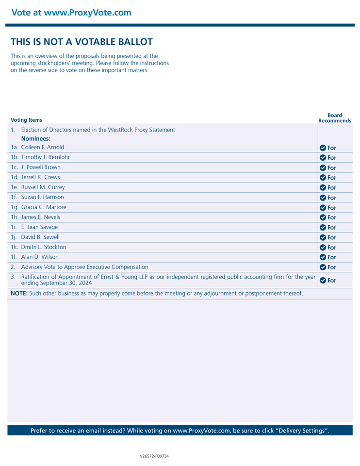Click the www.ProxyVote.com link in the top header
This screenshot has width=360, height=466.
(87, 13)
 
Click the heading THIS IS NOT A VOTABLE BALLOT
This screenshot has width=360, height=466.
(82, 42)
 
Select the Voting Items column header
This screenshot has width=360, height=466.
(26, 120)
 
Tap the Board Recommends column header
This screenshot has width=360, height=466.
(335, 118)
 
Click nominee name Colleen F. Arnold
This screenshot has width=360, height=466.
(43, 147)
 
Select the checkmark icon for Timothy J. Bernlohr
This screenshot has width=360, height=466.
(323, 158)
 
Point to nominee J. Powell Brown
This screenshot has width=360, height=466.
(41, 167)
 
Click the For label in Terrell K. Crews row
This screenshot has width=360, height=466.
(332, 178)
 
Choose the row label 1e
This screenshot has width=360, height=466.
(15, 187)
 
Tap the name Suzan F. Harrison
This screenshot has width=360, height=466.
(42, 197)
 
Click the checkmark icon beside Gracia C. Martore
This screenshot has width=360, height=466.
(323, 208)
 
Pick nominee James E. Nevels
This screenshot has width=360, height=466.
(41, 217)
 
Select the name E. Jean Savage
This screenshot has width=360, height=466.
(39, 227)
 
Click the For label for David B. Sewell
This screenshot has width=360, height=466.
(332, 237)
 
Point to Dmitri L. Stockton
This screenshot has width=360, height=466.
(44, 247)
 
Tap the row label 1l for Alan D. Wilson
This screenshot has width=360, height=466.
(14, 257)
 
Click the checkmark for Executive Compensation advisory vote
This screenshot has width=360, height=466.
(323, 267)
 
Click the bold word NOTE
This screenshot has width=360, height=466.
(19, 294)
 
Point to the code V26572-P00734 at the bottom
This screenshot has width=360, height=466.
(154, 456)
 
